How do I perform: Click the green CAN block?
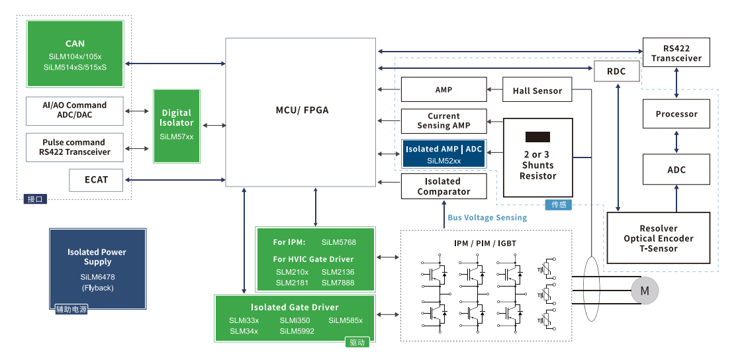[75, 54]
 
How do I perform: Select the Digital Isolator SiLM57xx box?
[177, 126]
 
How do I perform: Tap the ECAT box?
[96, 179]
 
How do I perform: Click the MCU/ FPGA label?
[302, 110]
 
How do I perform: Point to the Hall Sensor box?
[537, 91]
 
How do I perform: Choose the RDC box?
[616, 71]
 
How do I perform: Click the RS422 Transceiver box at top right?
[676, 53]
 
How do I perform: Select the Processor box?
[676, 114]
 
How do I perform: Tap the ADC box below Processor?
[676, 169]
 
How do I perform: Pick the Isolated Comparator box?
[443, 186]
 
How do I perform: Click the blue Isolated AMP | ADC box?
[443, 154]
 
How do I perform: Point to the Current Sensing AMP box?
[443, 121]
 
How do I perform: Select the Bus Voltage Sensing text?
[487, 218]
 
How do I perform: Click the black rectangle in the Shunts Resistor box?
[537, 137]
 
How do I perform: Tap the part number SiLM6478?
[97, 277]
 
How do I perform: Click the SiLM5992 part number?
[297, 331]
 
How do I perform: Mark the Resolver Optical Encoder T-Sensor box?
[658, 238]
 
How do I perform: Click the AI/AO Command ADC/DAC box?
[74, 110]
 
